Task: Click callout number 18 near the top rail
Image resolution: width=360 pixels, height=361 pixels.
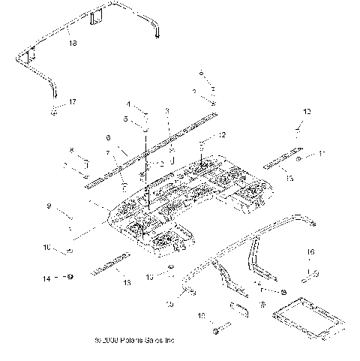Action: coord(72,44)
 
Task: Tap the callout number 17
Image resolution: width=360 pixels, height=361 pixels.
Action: coord(72,101)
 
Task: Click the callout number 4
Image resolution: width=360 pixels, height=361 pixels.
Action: coord(128,104)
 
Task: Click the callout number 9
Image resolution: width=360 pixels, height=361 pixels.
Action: coord(69,205)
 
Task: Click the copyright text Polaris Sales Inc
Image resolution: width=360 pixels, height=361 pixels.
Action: coord(141,339)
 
